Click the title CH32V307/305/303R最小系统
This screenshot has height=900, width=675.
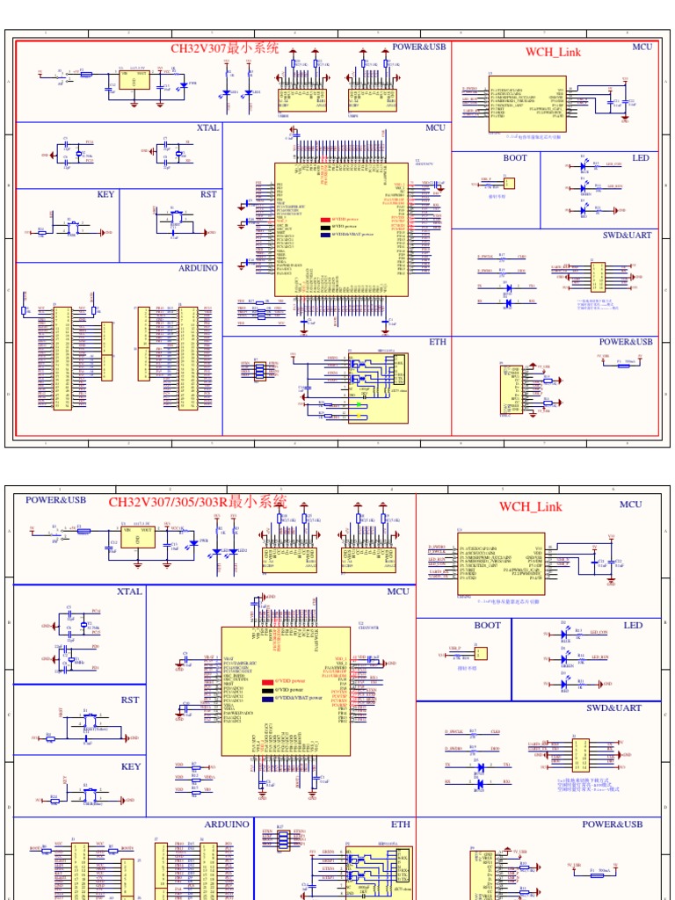click(x=197, y=502)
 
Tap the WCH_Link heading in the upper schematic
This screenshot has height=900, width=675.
click(x=553, y=51)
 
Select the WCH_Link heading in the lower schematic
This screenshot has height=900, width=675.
click(x=530, y=506)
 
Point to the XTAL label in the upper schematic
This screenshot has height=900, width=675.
click(x=207, y=128)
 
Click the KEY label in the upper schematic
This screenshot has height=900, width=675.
click(x=106, y=194)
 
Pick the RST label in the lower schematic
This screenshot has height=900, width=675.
click(x=131, y=700)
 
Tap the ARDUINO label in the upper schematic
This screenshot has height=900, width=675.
click(x=198, y=268)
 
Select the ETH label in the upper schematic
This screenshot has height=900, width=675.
click(x=438, y=342)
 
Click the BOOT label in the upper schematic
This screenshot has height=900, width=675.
click(x=515, y=158)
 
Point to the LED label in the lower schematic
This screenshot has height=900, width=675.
click(x=633, y=625)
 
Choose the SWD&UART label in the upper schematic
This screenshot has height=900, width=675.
click(x=627, y=236)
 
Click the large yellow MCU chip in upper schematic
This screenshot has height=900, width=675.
click(x=341, y=230)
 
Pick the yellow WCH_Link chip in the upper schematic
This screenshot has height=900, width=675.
click(x=526, y=104)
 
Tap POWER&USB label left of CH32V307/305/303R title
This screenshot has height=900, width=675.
click(x=55, y=499)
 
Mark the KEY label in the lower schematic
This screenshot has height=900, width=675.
click(x=131, y=766)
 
